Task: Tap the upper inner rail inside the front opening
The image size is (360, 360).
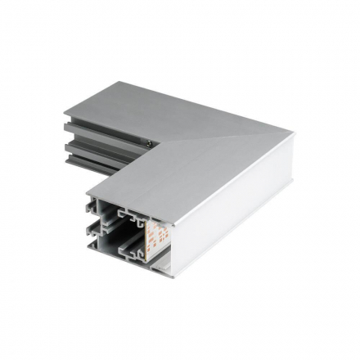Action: point(132,215)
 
